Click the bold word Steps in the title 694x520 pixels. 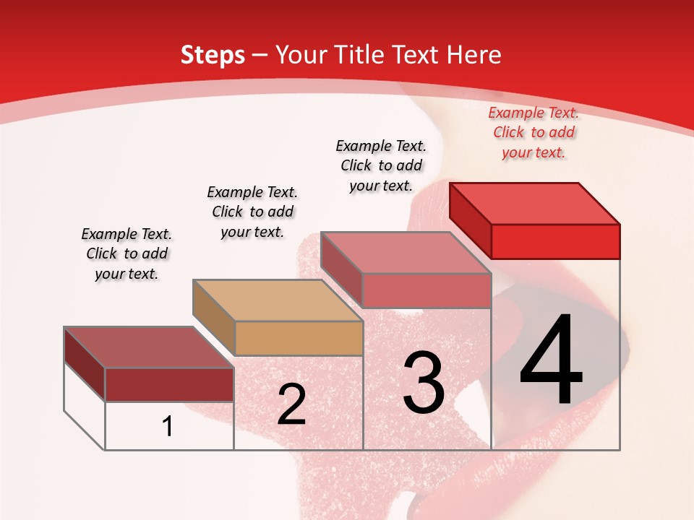point(213,56)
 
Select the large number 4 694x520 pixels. point(551,361)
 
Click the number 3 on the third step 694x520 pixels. point(424,382)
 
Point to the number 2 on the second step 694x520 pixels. point(291,404)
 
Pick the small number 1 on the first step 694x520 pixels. point(168,427)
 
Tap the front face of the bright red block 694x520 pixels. point(555,241)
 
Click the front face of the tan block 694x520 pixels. point(299,338)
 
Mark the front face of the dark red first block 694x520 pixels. point(169,384)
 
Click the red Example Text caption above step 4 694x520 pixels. point(534,132)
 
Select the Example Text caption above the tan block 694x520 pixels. point(252,212)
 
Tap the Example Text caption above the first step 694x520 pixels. point(127,253)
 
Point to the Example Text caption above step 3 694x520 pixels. point(381,165)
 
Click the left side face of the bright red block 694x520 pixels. point(471,220)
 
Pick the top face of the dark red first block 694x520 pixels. point(149,347)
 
